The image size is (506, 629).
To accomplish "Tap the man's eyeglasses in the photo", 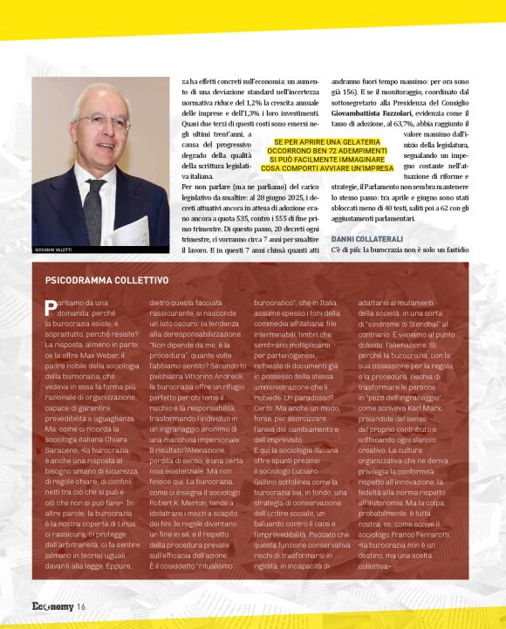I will click(103, 121).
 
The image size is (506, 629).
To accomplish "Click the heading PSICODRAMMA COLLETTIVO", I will click(106, 280).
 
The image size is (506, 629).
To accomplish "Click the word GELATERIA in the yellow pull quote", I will click(367, 142).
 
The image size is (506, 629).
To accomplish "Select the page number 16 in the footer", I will click(80, 606).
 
